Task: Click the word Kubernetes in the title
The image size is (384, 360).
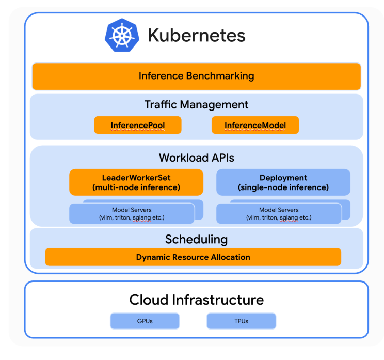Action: [196, 35]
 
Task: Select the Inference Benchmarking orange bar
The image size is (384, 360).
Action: [196, 76]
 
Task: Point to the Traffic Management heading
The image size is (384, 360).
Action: [196, 105]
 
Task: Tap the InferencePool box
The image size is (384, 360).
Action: [137, 125]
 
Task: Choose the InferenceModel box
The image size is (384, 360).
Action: [255, 125]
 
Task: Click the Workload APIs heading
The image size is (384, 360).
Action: [196, 158]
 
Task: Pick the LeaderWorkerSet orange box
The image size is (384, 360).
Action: [136, 182]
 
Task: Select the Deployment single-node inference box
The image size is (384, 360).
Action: [283, 182]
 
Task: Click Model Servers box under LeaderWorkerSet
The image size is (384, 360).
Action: [132, 214]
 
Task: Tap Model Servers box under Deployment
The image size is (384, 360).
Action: [279, 214]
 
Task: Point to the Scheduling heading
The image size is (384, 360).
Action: [196, 240]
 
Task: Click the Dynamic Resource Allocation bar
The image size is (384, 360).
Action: [193, 257]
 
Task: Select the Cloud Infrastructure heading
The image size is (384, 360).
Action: [196, 300]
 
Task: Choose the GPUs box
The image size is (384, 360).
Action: [145, 321]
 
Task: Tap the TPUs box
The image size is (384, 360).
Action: [241, 321]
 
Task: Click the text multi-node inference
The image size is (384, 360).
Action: [136, 187]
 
